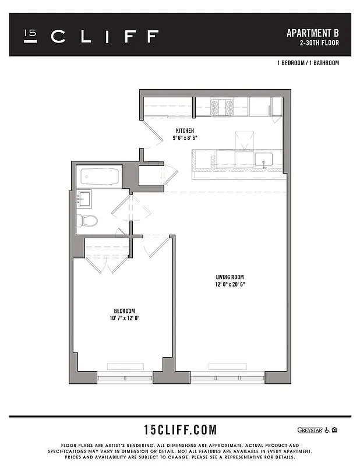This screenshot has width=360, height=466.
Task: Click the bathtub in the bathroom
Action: [x=100, y=175]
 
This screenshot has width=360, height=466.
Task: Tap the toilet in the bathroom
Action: [x=86, y=220]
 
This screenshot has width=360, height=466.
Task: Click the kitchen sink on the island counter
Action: [x=263, y=159]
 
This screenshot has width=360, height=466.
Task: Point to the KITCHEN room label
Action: [x=185, y=130]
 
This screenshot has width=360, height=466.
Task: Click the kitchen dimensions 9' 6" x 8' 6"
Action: [x=185, y=138]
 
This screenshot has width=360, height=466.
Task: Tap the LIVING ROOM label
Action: [x=229, y=277]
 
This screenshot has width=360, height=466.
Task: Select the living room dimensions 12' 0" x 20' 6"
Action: [x=229, y=285]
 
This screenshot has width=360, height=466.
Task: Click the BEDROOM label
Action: [x=124, y=310]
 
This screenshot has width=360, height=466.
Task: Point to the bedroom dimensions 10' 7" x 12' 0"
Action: [x=124, y=318]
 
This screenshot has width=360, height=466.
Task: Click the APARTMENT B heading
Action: [x=313, y=33]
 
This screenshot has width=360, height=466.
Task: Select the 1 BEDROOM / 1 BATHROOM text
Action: [x=308, y=63]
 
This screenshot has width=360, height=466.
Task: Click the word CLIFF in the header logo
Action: [x=105, y=37]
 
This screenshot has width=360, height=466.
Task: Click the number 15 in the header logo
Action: [x=30, y=36]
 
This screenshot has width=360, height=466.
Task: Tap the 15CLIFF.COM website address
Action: [x=180, y=430]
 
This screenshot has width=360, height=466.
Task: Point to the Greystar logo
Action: [x=309, y=430]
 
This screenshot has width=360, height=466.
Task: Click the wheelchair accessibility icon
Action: [x=327, y=430]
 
